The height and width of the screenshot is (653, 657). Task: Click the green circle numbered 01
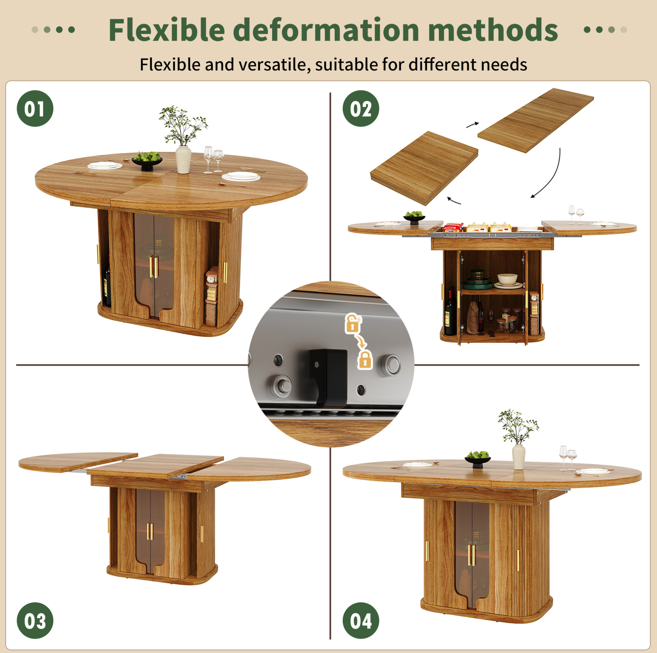pyautogui.click(x=35, y=108)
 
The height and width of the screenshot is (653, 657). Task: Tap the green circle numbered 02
pyautogui.click(x=361, y=108)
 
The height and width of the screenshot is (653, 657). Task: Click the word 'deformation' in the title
pyautogui.click(x=327, y=30)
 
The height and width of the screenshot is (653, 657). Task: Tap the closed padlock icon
pyautogui.click(x=365, y=360)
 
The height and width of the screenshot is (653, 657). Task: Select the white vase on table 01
pyautogui.click(x=183, y=159)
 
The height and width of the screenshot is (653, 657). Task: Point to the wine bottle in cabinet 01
pyautogui.click(x=107, y=285)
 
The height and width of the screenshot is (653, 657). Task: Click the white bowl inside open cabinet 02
pyautogui.click(x=508, y=279)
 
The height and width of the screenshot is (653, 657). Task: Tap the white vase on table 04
pyautogui.click(x=518, y=457)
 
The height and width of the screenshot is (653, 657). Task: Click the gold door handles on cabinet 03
pyautogui.click(x=150, y=532)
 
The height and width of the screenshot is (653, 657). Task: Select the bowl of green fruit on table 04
pyautogui.click(x=478, y=459)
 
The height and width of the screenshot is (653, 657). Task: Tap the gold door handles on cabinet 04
pyautogui.click(x=472, y=555)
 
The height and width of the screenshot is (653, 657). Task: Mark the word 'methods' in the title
pyautogui.click(x=493, y=30)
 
